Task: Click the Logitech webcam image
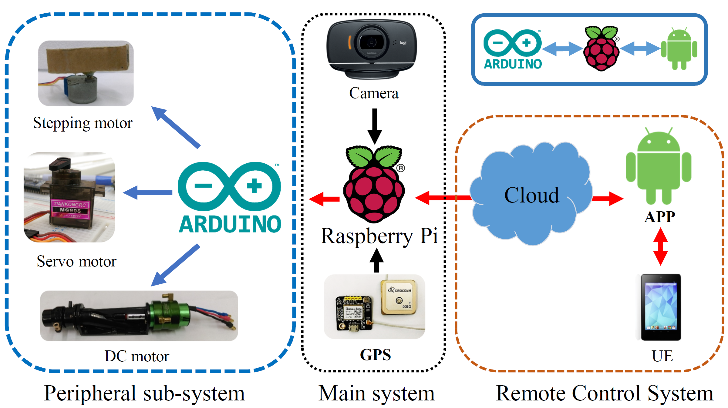pos(372,48)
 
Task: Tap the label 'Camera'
pos(373,93)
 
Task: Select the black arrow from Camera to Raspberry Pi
pos(375,125)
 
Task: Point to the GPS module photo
pos(374,306)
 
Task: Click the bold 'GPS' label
pos(375,355)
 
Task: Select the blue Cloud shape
pos(531,194)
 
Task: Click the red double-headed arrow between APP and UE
pos(660,246)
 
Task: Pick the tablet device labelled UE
pos(661,307)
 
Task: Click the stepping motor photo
pos(86,73)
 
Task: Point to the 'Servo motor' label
pos(76,261)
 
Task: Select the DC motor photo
pos(139,316)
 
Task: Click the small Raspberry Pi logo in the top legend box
pos(601,48)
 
